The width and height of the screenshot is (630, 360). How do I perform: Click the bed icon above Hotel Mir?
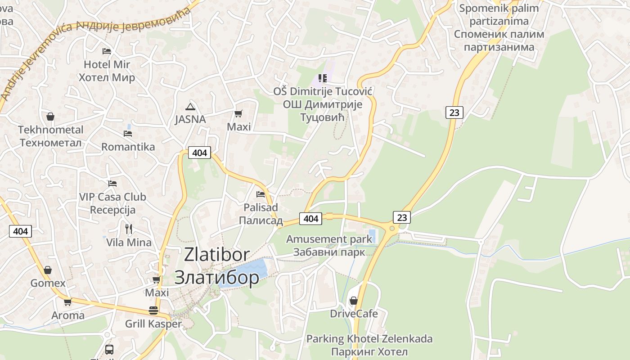[x=107, y=51]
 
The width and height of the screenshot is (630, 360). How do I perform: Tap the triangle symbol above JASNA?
[x=190, y=107]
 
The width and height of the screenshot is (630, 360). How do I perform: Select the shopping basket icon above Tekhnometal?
[x=50, y=117]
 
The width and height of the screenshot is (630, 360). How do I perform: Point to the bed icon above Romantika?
[x=128, y=134]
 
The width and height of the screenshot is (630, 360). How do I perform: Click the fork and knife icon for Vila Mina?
[x=129, y=229]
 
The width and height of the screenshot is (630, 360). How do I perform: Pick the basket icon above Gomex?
[x=48, y=270]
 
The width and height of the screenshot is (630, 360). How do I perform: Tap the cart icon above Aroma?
[x=67, y=302]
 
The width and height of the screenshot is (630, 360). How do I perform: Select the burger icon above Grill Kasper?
[x=153, y=310]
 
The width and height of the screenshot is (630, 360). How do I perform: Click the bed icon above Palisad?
[x=261, y=194]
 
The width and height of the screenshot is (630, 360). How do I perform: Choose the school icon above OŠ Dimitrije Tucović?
[x=322, y=78]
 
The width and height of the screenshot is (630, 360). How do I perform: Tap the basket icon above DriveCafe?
[x=354, y=300]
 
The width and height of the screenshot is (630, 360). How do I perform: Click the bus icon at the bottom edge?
[x=109, y=349]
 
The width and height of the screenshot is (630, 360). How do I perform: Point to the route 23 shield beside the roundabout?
[x=402, y=217]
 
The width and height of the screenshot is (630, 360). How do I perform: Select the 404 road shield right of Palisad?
[x=310, y=219]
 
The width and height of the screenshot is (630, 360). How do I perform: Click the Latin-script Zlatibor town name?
[x=216, y=255]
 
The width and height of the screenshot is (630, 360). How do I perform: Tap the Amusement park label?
[x=329, y=239]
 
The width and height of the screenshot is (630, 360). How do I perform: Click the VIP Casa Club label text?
[x=112, y=197]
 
